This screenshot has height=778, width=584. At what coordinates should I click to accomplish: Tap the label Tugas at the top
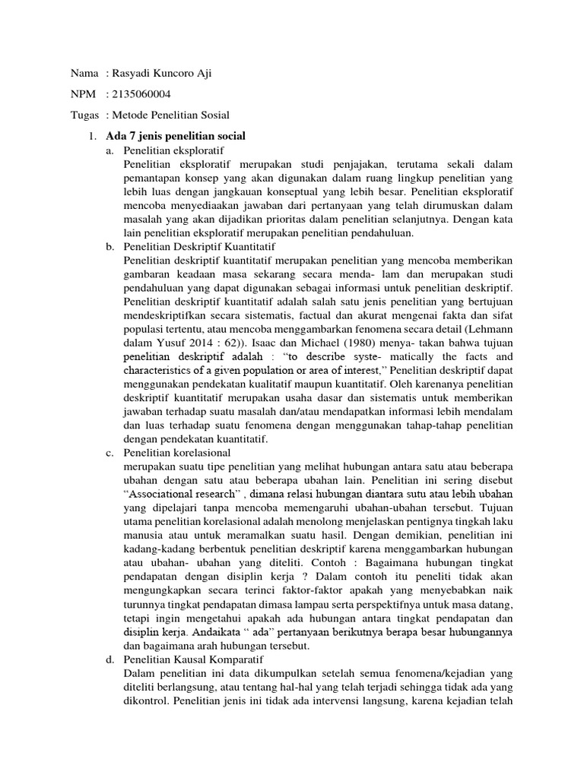(84, 115)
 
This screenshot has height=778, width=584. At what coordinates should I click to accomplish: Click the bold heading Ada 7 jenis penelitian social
(176, 136)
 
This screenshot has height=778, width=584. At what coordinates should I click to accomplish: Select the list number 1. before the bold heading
(93, 136)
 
